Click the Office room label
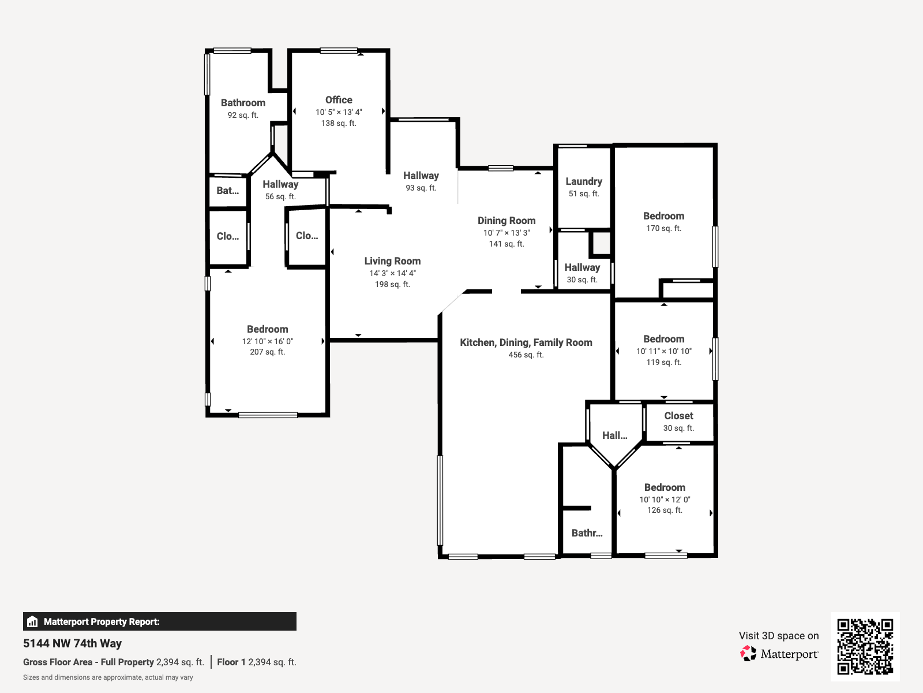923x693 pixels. tap(339, 100)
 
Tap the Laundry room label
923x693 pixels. tap(583, 181)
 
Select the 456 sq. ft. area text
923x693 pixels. tap(526, 355)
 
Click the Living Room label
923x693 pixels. tap(392, 261)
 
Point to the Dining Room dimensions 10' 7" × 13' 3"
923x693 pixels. tap(506, 233)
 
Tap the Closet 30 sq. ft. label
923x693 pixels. tap(678, 416)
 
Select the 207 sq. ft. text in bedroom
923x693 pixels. tap(267, 352)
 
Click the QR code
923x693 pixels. tap(865, 646)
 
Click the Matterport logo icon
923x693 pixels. tap(748, 654)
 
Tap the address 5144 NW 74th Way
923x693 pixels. tap(73, 643)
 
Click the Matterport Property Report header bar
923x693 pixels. tap(159, 621)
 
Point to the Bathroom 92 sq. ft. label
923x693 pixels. tap(243, 103)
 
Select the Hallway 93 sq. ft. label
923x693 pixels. tap(421, 176)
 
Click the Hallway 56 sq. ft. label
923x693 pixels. tap(280, 184)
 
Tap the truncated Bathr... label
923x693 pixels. tap(587, 533)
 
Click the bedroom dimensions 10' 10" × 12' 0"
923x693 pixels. tap(665, 500)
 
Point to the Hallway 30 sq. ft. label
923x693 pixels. tap(582, 267)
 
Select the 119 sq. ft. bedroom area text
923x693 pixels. tap(663, 362)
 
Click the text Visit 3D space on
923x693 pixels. tap(778, 636)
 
